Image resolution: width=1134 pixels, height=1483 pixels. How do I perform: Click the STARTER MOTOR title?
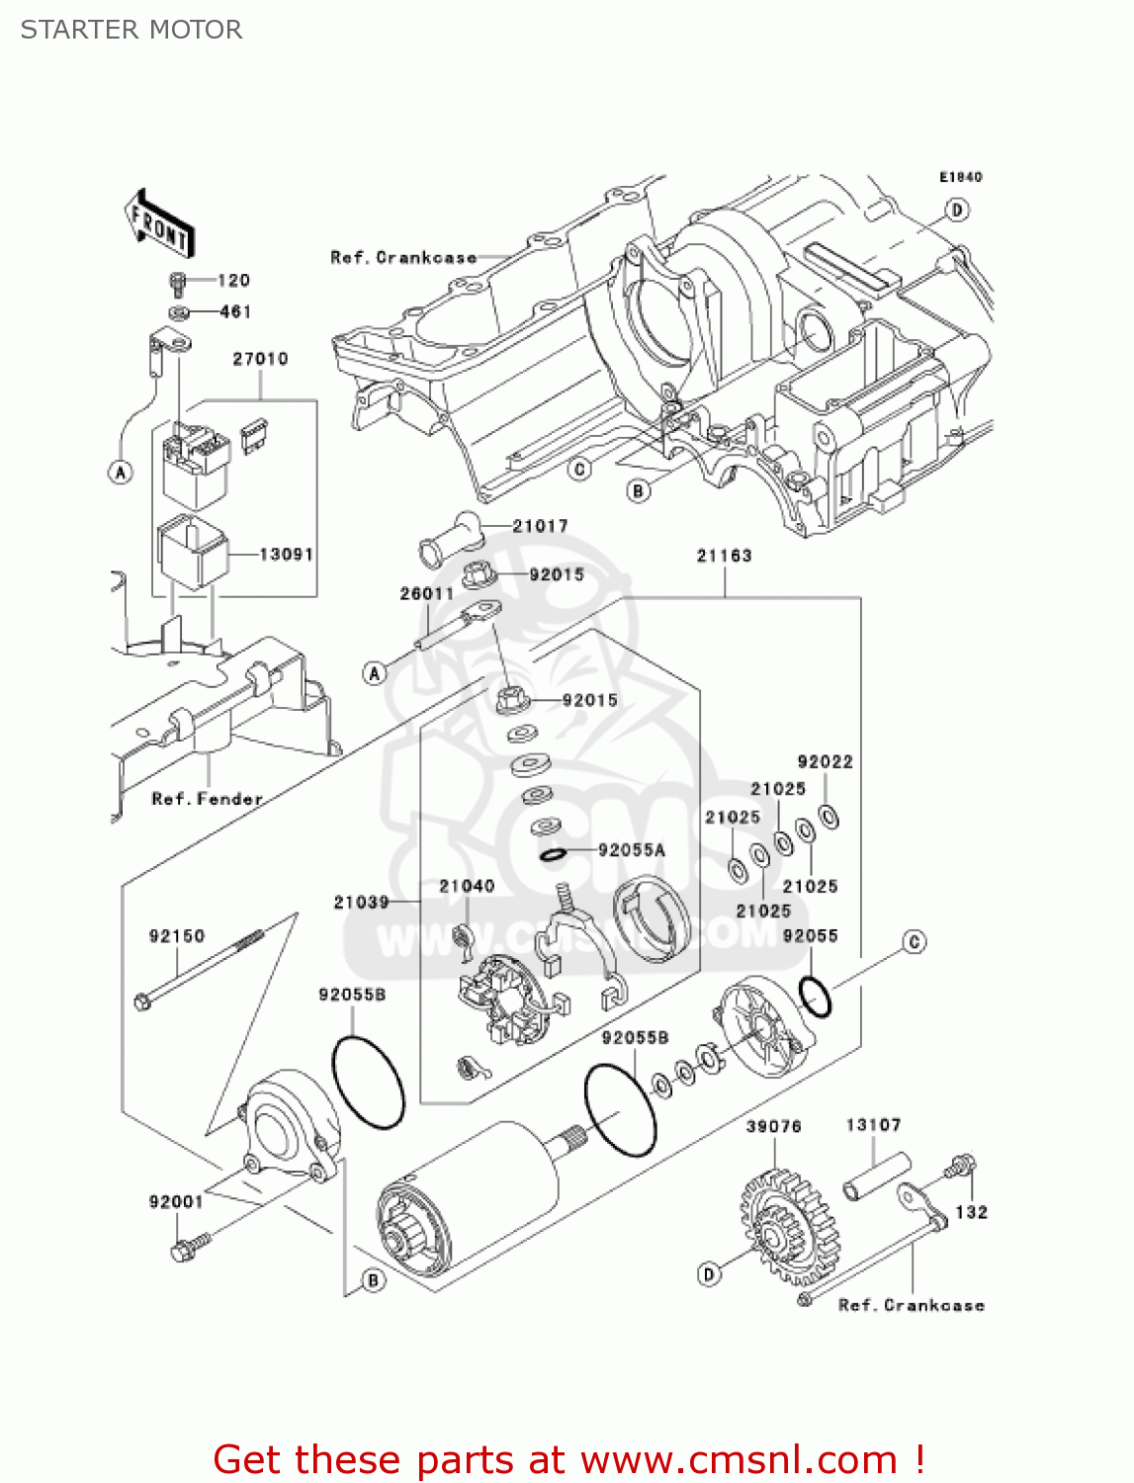[x=131, y=30]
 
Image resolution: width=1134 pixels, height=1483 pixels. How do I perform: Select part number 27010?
[x=260, y=359]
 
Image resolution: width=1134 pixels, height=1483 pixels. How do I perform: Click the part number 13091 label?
[x=286, y=555]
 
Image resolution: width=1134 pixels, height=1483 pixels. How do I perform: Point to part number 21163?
[x=724, y=556]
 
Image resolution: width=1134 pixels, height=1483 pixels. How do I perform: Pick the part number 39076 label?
[x=773, y=1126]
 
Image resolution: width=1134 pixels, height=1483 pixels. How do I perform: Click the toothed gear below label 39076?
[x=781, y=1226]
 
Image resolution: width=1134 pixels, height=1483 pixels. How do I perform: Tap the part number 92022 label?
[x=825, y=761]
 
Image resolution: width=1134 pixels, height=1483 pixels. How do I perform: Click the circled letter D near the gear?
[x=709, y=1274]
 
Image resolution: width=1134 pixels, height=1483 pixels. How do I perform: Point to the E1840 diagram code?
[x=960, y=177]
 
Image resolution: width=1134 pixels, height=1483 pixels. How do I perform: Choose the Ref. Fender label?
[x=207, y=799]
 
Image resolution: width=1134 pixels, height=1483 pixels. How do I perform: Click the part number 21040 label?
[x=467, y=886]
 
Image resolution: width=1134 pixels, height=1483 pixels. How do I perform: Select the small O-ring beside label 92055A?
[x=553, y=853]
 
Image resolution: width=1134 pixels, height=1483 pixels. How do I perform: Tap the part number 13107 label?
[x=873, y=1125]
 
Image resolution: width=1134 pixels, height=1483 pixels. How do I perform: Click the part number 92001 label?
[x=176, y=1201]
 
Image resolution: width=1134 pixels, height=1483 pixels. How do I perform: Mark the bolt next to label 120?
[x=178, y=283]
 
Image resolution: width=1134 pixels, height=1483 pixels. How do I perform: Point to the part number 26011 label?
[x=426, y=593]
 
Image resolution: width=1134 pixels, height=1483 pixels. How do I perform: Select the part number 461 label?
[x=235, y=311]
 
